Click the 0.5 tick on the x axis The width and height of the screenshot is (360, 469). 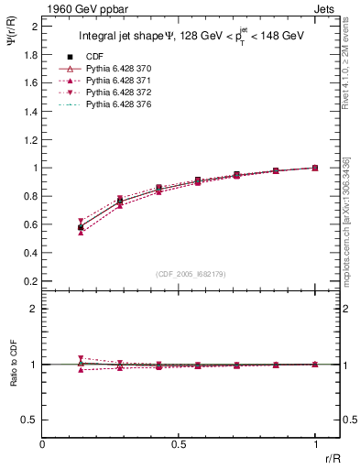[179, 444]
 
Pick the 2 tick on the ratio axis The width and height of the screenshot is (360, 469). [33, 309]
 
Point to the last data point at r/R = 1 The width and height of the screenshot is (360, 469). [315, 168]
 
